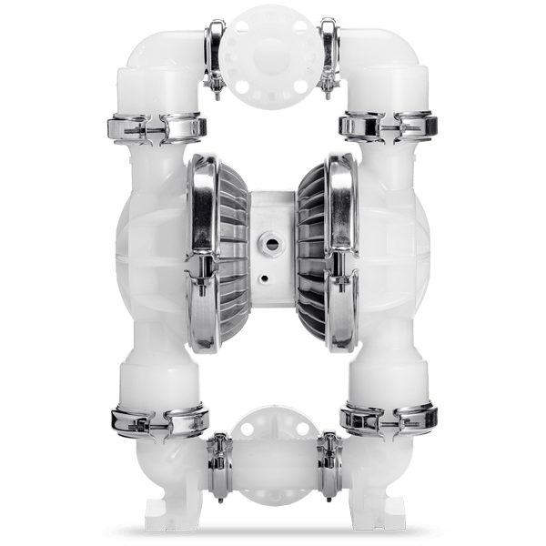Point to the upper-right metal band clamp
click(387, 126)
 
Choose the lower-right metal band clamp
click(387, 419)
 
